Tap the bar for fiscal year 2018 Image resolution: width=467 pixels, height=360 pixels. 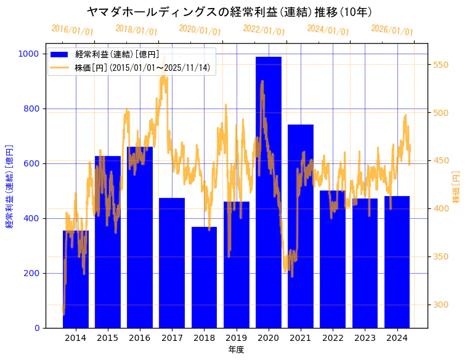[x=204, y=277]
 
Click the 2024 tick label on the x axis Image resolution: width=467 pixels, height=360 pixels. [x=397, y=338]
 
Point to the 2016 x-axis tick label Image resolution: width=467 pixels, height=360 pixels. [x=140, y=338]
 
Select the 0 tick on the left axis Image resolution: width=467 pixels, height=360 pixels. [x=36, y=328]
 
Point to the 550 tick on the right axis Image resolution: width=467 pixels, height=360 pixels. [x=441, y=65]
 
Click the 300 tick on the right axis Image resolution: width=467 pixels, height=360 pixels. [x=441, y=305]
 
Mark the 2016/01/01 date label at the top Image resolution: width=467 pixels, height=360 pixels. [x=73, y=30]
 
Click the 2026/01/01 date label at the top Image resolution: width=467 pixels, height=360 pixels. [x=392, y=30]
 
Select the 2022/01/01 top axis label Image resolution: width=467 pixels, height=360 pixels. [x=264, y=30]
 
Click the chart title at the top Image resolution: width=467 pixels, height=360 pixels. [x=229, y=12]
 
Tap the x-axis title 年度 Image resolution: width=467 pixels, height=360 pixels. [x=236, y=350]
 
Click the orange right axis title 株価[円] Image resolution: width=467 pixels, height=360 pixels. [x=457, y=187]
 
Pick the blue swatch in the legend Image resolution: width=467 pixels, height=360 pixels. [x=60, y=55]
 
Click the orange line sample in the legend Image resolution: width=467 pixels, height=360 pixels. [x=60, y=67]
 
